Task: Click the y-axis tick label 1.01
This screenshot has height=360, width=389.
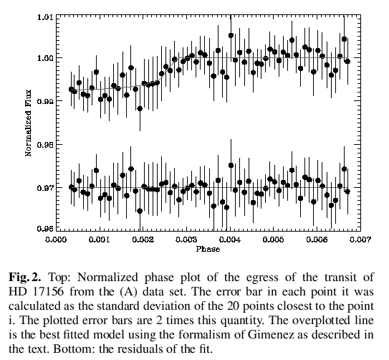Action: click(44, 17)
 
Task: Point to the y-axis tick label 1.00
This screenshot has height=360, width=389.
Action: click(44, 57)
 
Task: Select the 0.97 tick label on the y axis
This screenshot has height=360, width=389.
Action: click(44, 188)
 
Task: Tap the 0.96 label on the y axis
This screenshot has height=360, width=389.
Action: click(44, 228)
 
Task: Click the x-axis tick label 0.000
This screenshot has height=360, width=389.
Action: click(56, 240)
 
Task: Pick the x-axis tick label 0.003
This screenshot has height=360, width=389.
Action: click(186, 240)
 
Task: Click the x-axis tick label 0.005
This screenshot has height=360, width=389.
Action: click(273, 240)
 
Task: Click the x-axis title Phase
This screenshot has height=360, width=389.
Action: click(208, 249)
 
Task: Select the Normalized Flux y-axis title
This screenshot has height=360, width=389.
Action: click(28, 123)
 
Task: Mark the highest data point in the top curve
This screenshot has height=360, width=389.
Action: click(231, 36)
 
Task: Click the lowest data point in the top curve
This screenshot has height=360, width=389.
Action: click(140, 108)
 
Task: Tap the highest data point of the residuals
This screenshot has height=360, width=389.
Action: click(231, 165)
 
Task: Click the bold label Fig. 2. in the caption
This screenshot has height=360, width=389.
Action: click(25, 277)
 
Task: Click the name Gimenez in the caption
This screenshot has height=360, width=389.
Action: click(272, 335)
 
